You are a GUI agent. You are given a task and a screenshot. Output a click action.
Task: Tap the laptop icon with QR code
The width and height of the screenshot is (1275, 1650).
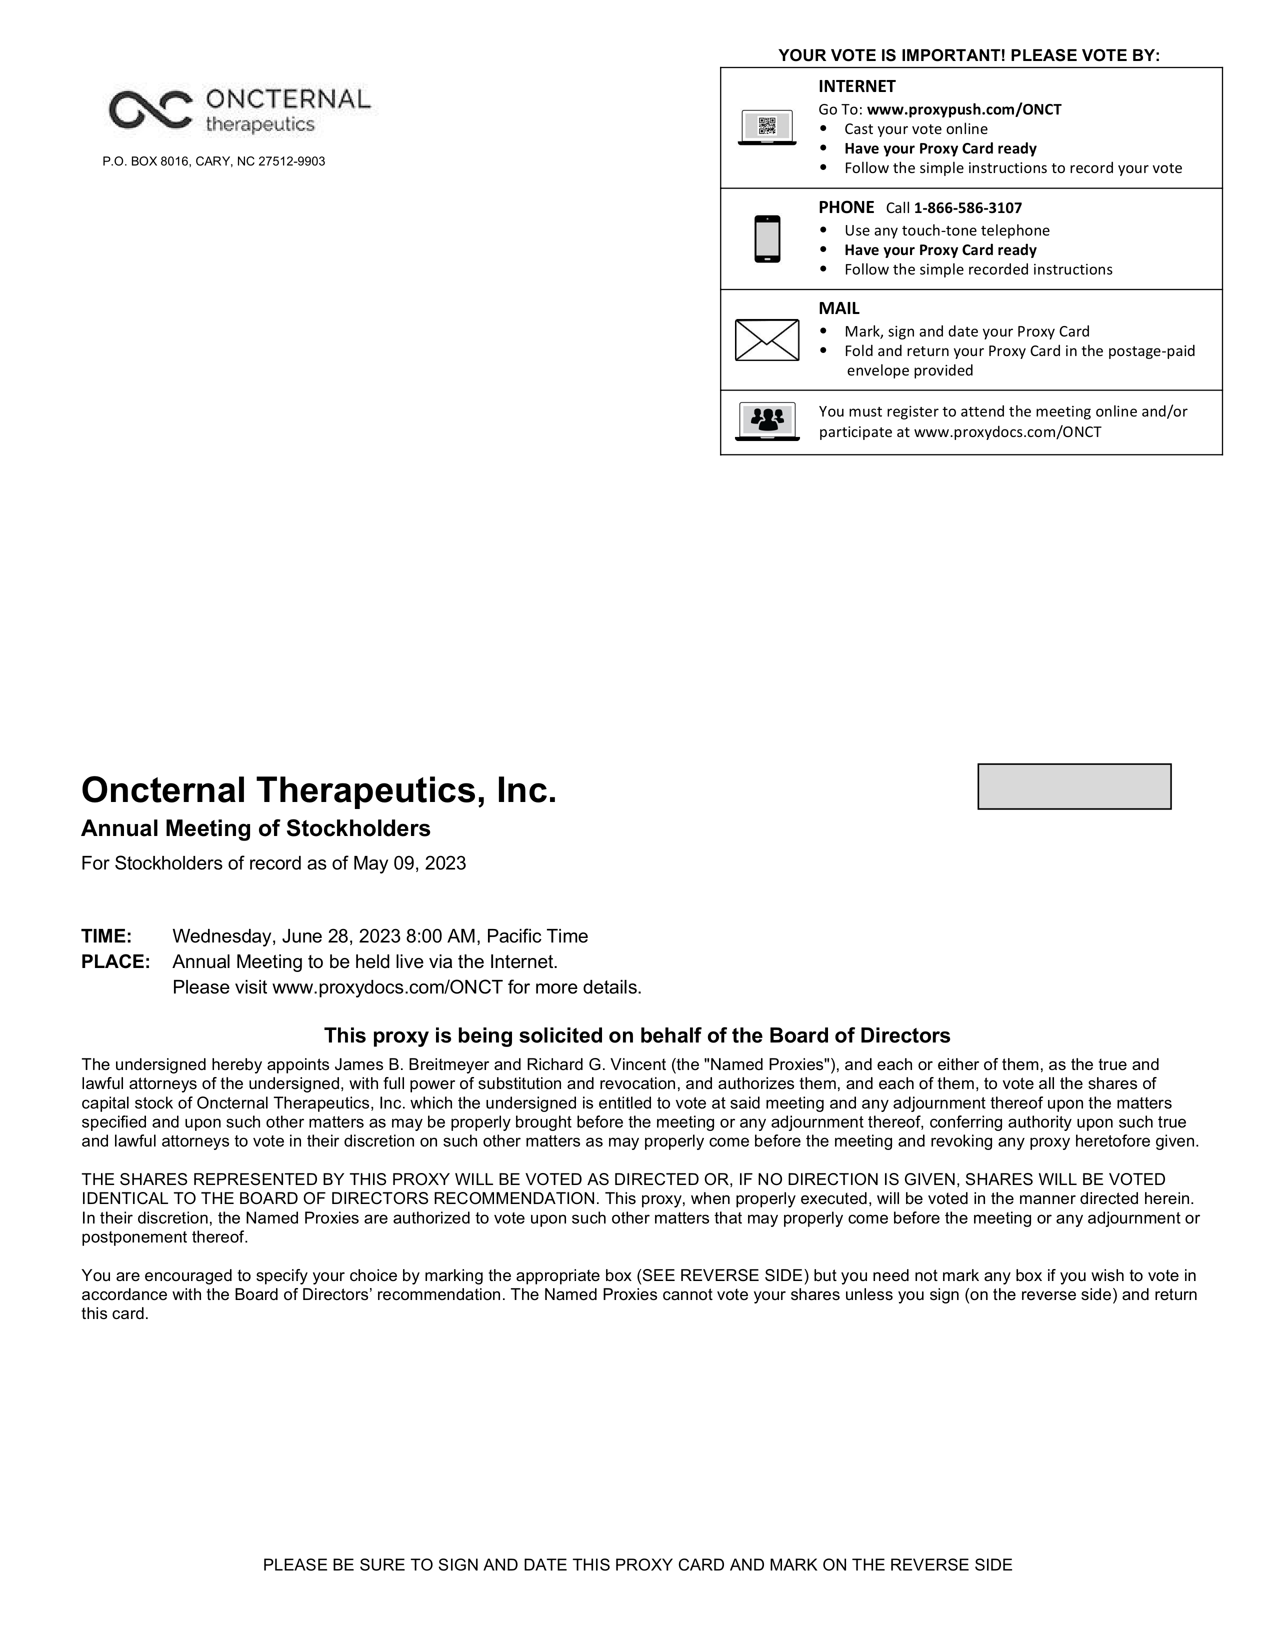tap(766, 127)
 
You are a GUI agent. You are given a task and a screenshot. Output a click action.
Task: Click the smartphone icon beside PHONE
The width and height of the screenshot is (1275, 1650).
tap(766, 238)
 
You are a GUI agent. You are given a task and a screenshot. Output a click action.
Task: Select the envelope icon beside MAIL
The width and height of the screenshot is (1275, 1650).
tap(766, 340)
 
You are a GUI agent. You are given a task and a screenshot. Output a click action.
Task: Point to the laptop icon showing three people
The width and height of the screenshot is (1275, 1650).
tap(766, 421)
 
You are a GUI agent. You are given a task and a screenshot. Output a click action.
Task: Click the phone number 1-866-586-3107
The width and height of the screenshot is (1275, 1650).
tap(967, 208)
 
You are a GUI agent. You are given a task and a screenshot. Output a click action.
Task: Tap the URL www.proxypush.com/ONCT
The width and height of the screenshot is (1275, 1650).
tap(964, 109)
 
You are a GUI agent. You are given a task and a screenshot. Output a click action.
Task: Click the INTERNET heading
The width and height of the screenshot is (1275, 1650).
tap(856, 86)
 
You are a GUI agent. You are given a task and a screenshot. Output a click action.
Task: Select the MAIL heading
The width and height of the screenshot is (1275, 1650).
tap(838, 308)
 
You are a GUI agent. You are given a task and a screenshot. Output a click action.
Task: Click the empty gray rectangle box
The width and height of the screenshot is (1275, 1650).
tap(1074, 786)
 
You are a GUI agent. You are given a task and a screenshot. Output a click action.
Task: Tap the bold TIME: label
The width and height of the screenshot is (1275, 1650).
tap(106, 936)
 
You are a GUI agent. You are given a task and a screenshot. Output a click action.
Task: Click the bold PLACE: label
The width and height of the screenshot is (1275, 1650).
tap(115, 961)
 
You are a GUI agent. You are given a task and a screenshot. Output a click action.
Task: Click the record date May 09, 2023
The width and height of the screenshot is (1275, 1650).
tap(408, 863)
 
